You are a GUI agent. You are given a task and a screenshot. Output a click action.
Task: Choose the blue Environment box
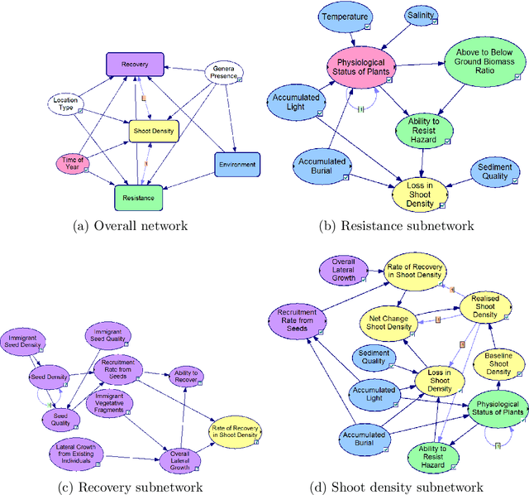coord(237,165)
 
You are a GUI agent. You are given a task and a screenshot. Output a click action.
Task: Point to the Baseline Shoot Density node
coord(498,367)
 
